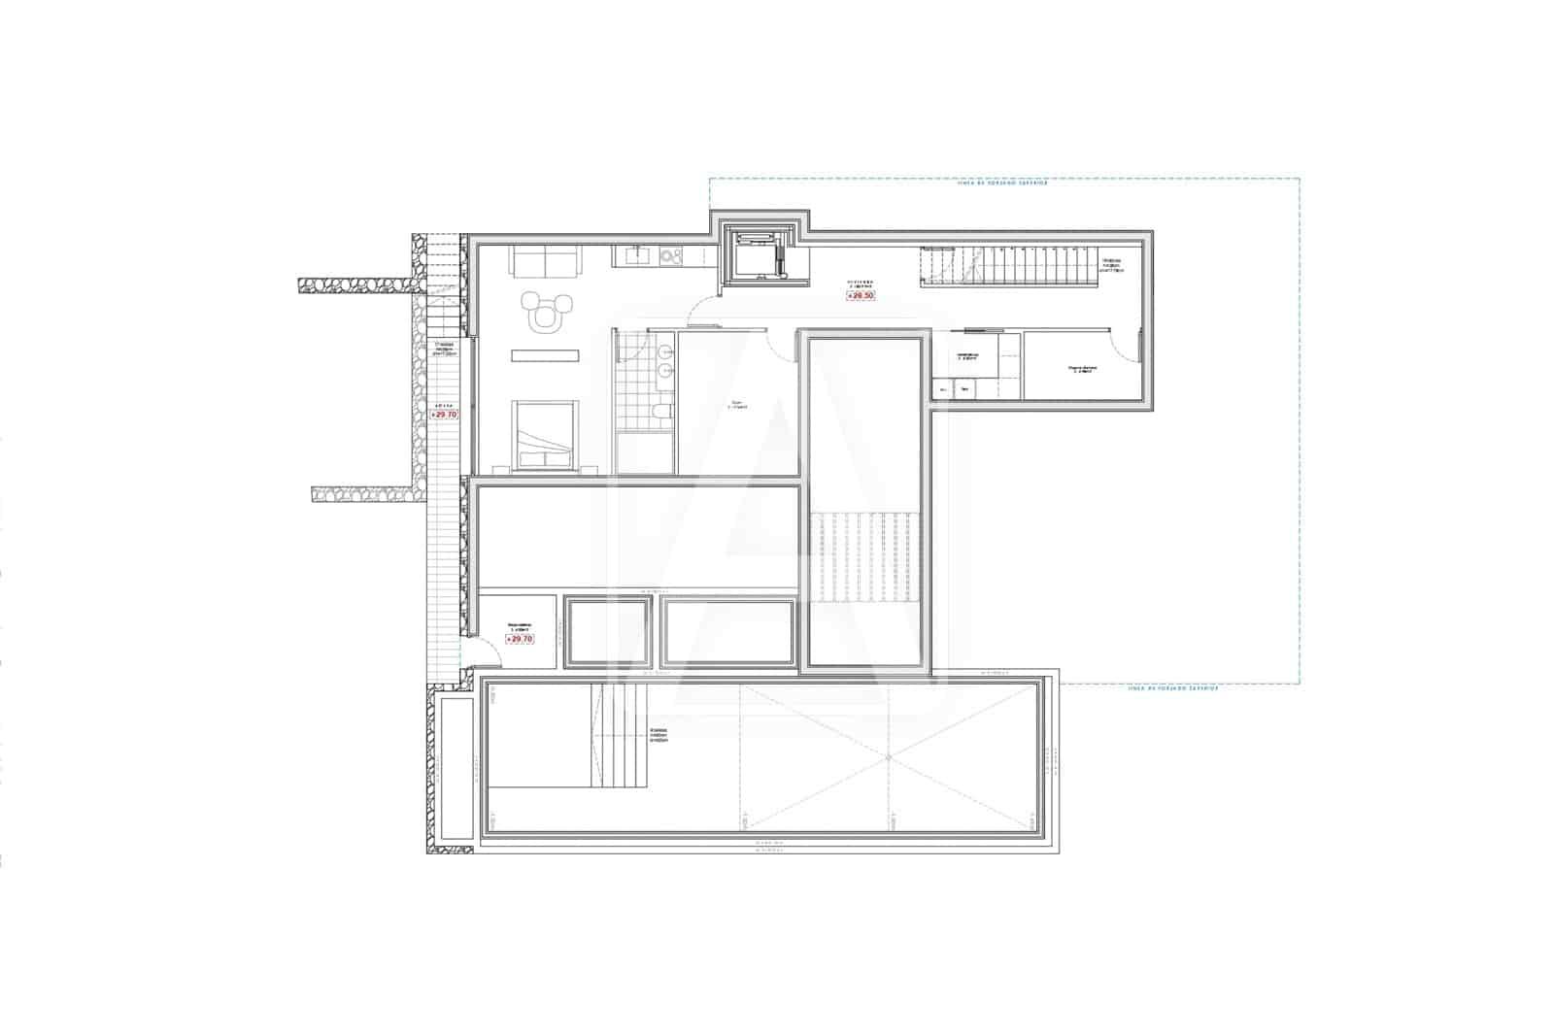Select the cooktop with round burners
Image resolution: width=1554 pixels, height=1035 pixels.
(x=671, y=256)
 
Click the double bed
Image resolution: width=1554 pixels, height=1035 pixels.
(x=545, y=436)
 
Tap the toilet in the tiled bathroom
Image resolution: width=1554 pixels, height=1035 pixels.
(x=660, y=415)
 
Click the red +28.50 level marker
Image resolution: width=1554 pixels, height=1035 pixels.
(x=861, y=295)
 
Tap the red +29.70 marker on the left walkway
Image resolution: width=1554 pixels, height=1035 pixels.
(x=444, y=415)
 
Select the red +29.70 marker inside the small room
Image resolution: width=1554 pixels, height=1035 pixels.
(x=521, y=639)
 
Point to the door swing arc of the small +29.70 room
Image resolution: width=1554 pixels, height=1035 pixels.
(x=488, y=655)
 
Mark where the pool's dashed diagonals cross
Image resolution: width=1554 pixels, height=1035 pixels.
(x=889, y=757)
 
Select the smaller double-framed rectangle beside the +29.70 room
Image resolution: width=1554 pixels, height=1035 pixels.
(x=608, y=632)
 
